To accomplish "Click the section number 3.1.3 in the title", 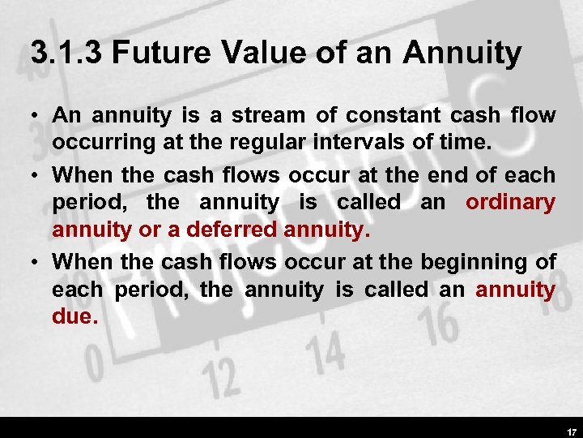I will coord(66,54).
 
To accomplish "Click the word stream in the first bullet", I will coord(264,116).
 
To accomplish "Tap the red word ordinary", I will coord(510,203).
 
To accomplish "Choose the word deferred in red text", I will coord(232,230).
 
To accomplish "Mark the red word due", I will coord(74,317).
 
